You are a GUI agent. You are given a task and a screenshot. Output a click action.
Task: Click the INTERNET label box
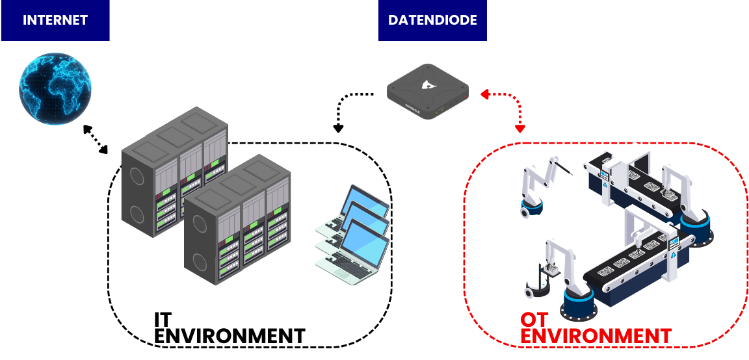point(55,20)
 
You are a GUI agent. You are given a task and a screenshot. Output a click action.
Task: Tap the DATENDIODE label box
point(432,20)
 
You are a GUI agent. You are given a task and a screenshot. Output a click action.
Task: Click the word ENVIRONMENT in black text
point(230,336)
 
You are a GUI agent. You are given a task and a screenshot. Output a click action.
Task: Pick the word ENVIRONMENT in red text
point(596,336)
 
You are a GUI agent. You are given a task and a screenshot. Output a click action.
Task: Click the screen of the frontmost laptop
point(368,246)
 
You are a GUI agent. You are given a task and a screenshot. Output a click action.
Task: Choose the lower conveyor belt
point(624,270)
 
